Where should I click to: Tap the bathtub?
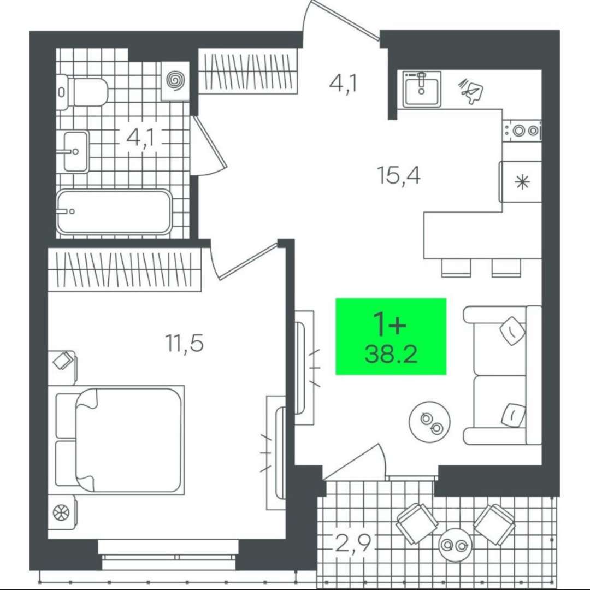[114, 212]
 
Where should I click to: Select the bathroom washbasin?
[76, 151]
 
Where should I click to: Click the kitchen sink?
[421, 89]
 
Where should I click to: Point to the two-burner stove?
[522, 131]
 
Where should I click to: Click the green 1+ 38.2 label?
[391, 337]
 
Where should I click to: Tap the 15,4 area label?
[398, 175]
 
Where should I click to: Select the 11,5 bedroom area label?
[185, 343]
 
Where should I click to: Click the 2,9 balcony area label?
[353, 543]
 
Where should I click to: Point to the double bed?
[120, 440]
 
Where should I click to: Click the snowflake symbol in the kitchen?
[522, 182]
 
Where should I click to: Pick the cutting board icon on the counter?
[471, 90]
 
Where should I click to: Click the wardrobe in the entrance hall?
[249, 71]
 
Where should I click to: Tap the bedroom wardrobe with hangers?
[125, 269]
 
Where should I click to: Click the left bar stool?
[456, 268]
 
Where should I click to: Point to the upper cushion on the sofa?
[512, 331]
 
